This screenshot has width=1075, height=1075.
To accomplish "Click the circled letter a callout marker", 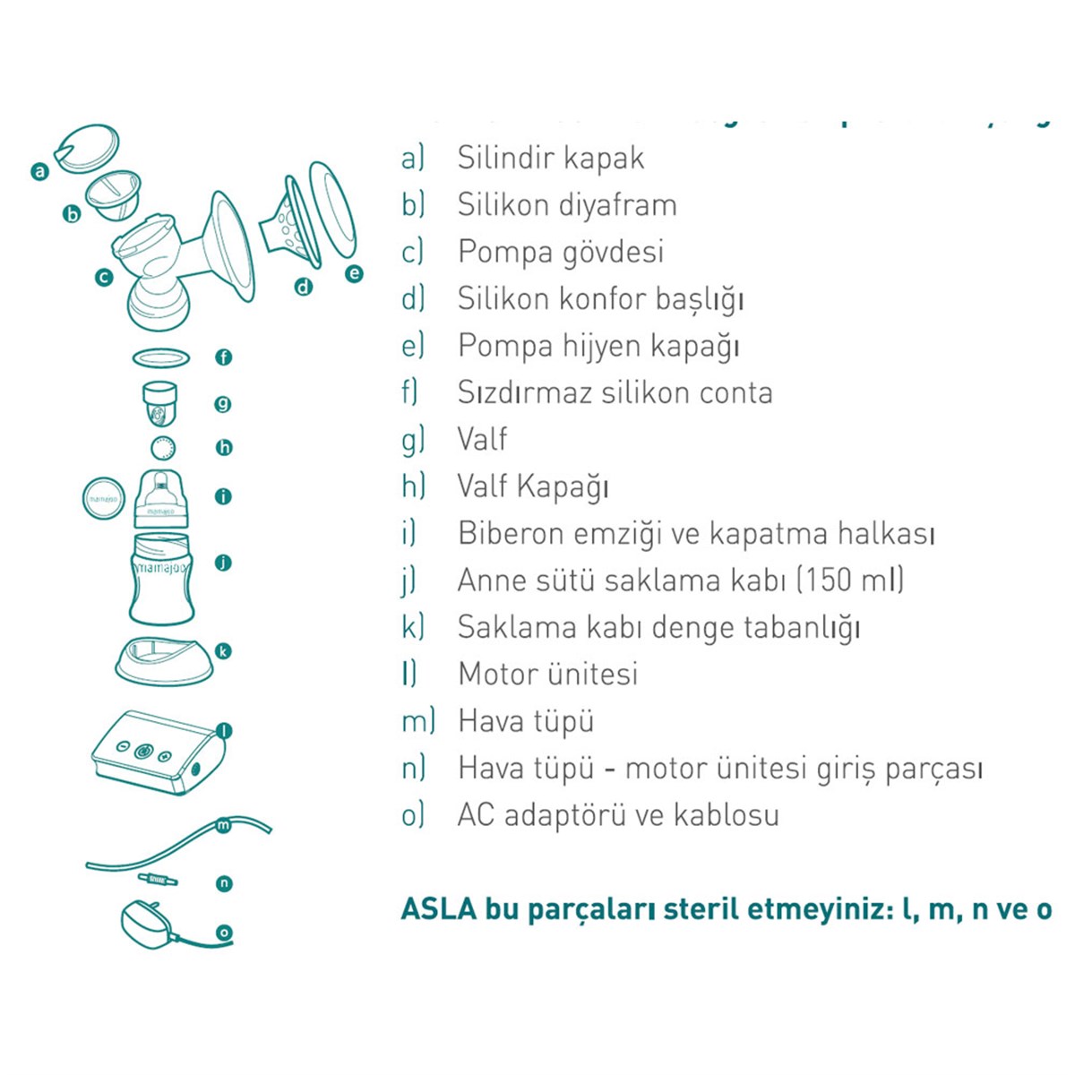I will [x=39, y=170].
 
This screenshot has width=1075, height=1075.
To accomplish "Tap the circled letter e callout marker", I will [x=355, y=273].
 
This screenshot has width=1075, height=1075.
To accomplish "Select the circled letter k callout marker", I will [x=224, y=651].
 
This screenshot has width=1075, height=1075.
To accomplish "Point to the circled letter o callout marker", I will [x=224, y=933].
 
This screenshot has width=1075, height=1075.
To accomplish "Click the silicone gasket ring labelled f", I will [x=161, y=357].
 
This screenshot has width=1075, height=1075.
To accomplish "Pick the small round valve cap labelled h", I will [x=163, y=448].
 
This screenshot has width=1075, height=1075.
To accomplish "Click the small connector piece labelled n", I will [x=158, y=879].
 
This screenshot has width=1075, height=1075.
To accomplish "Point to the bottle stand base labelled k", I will [x=164, y=658].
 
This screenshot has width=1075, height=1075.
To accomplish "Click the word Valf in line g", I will [x=482, y=439].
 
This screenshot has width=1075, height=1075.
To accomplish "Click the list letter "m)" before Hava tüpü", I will [x=417, y=720].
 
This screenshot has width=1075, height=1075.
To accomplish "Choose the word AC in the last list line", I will [x=476, y=815].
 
